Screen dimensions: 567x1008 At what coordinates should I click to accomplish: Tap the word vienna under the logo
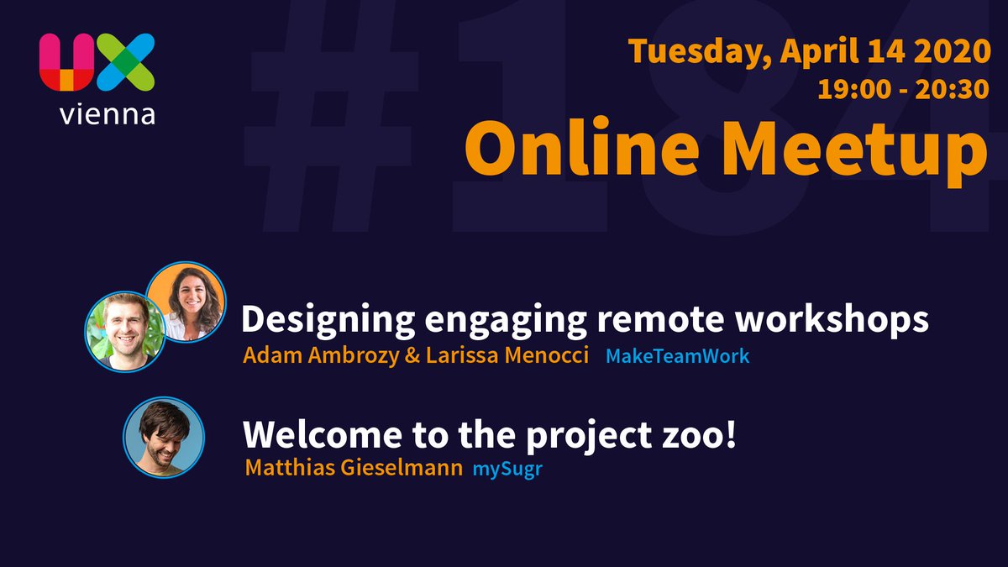tap(107, 114)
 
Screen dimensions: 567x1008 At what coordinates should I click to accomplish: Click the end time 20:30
tap(954, 88)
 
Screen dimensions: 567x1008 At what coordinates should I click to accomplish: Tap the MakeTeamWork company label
tap(677, 356)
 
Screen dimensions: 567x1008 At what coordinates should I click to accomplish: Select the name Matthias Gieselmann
tap(354, 468)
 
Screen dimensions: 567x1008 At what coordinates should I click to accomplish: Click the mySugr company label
tap(507, 468)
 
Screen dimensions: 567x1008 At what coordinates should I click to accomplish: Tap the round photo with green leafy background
tap(125, 332)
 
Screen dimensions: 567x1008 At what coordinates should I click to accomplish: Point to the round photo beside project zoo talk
tap(164, 437)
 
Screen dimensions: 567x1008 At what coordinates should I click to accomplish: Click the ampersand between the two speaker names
tap(412, 356)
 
